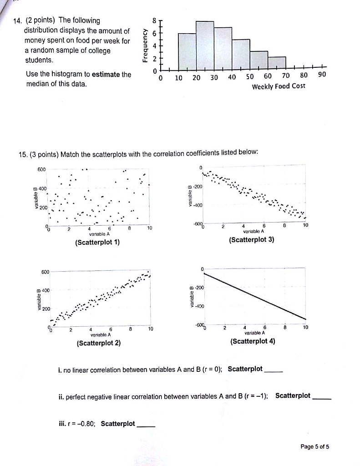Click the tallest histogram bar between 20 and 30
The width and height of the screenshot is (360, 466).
(205, 46)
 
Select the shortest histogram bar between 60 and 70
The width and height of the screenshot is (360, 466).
(277, 63)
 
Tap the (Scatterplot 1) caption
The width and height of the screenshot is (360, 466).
(97, 242)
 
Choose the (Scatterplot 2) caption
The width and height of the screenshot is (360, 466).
(99, 343)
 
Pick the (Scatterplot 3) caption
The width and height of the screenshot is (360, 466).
(252, 239)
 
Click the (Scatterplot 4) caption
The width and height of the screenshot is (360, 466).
(253, 340)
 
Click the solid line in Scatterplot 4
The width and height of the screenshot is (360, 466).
(255, 296)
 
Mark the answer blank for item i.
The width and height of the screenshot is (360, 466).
(274, 370)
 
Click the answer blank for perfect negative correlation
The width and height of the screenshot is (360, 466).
(321, 397)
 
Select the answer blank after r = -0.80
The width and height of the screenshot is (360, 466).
(146, 425)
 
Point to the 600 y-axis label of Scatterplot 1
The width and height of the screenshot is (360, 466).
(42, 169)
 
